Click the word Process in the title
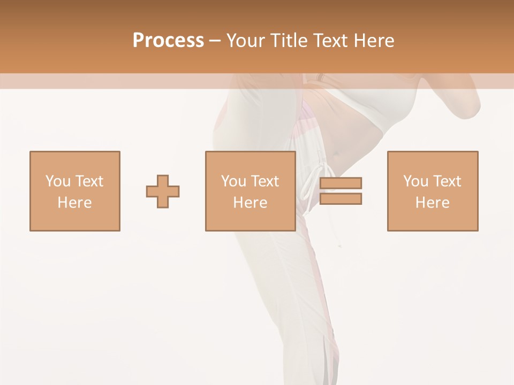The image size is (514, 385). tap(168, 41)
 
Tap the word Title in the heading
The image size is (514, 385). tap(289, 41)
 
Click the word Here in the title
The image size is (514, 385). tap(374, 41)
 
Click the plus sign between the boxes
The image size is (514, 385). tap(163, 191)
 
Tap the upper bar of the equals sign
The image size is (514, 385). tap(341, 183)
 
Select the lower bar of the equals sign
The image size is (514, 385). tap(341, 199)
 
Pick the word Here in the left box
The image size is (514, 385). tap(74, 203)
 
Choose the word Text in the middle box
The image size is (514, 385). tap(264, 181)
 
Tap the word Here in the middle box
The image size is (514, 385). tap(250, 203)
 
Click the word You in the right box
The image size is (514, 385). tap(416, 181)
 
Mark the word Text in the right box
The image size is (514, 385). tap(447, 181)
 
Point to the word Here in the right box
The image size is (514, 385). tap(432, 203)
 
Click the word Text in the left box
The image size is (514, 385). tap(89, 181)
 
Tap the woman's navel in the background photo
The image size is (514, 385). tap(336, 153)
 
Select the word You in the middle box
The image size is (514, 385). tap(234, 181)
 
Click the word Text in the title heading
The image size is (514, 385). tap(327, 41)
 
